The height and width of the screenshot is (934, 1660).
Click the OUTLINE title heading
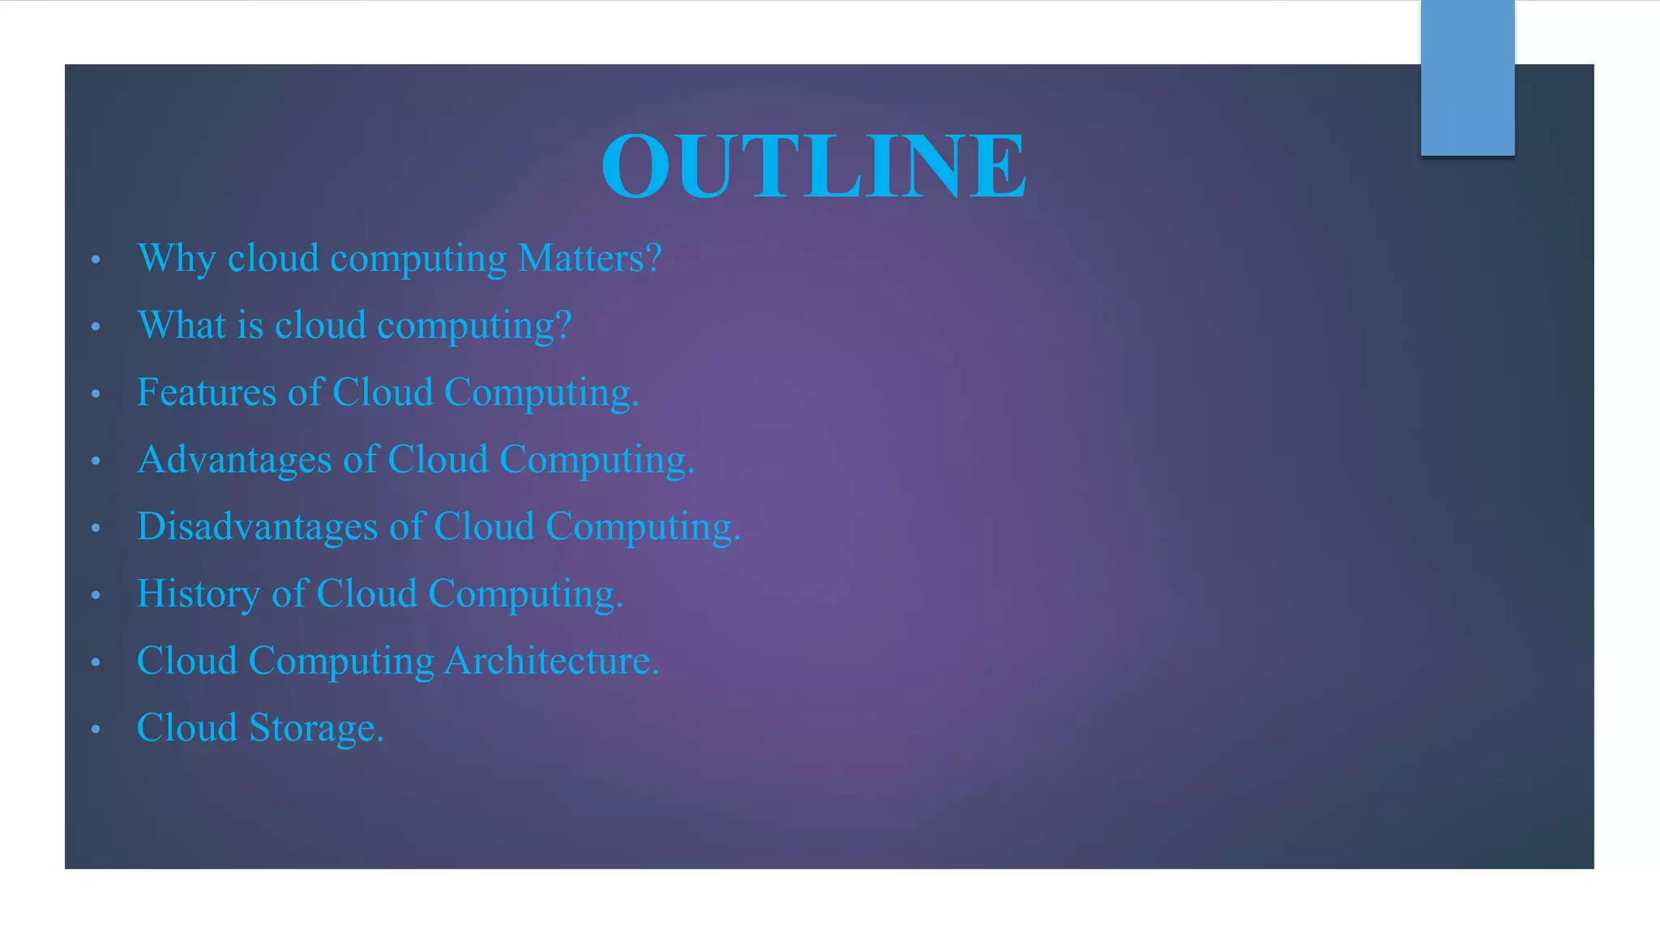click(x=814, y=165)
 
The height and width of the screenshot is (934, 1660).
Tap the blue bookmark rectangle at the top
click(x=1467, y=78)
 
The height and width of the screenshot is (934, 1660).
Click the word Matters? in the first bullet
click(x=590, y=259)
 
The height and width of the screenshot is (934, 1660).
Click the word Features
click(x=207, y=392)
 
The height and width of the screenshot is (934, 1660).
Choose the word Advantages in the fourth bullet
click(x=234, y=460)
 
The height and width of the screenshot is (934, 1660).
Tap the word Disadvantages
click(x=257, y=527)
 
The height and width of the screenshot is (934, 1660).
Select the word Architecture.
click(x=551, y=661)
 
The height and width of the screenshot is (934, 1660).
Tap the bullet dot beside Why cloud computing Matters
click(x=96, y=260)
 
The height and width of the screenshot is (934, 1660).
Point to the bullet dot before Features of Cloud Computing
click(x=96, y=395)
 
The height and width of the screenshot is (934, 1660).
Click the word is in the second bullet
click(x=250, y=325)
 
